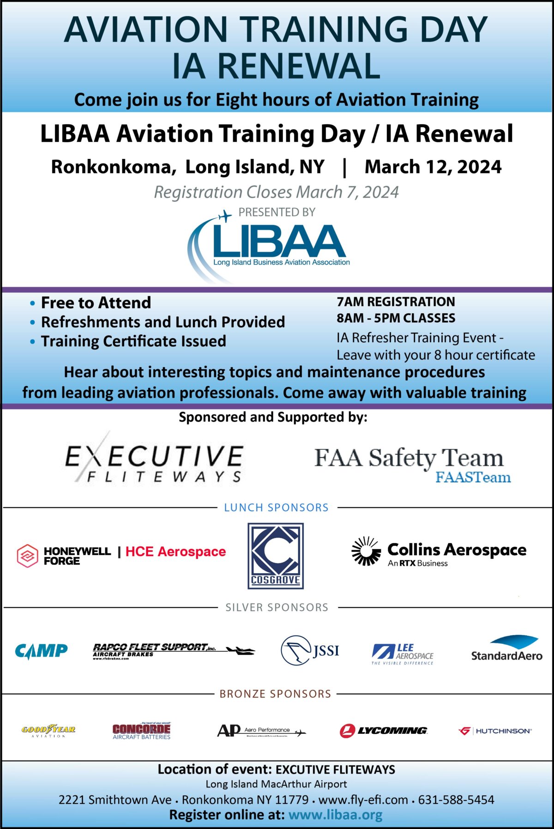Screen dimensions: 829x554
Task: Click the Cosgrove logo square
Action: [276, 556]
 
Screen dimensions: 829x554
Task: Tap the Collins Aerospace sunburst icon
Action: [366, 551]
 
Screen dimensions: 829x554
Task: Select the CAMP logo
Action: [41, 651]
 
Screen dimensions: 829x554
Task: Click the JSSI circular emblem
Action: [296, 650]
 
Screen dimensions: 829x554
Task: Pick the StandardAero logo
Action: [506, 649]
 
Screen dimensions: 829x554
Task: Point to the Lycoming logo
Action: [383, 731]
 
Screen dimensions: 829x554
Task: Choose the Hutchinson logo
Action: [495, 731]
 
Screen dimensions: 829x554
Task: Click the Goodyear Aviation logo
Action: [48, 730]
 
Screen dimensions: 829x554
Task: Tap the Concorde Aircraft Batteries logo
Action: [141, 731]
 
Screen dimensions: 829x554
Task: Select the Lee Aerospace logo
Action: [403, 654]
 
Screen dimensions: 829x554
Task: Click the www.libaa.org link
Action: [336, 815]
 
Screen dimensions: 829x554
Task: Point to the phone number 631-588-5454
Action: [456, 799]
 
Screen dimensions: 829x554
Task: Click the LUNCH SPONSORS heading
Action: [276, 508]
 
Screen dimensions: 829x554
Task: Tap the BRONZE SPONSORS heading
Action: [275, 694]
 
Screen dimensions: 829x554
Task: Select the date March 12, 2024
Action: [433, 167]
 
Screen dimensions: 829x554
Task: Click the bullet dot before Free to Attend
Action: [32, 303]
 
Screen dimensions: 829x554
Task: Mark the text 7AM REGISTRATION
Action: [396, 302]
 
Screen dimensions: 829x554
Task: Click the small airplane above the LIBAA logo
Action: [225, 216]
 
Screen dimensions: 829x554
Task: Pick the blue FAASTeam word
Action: [473, 477]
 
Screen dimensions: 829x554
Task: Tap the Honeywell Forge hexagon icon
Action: [27, 556]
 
